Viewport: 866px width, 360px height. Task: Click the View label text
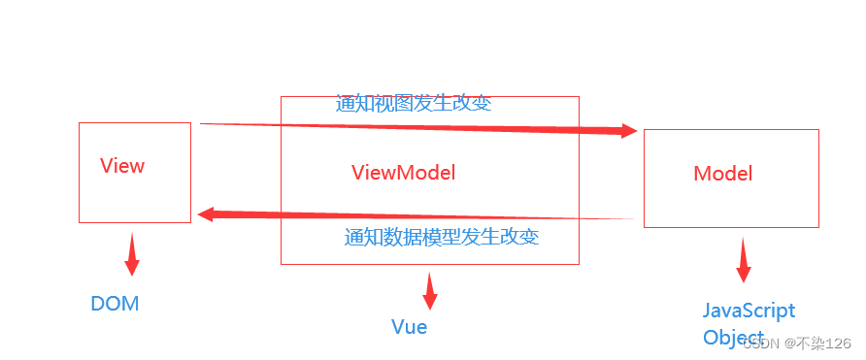pyautogui.click(x=122, y=166)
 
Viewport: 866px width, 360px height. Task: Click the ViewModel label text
pyautogui.click(x=403, y=173)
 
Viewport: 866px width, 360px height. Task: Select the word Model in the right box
pyautogui.click(x=722, y=174)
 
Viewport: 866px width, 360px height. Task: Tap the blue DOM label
pyautogui.click(x=115, y=304)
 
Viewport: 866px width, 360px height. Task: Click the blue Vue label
pyautogui.click(x=409, y=327)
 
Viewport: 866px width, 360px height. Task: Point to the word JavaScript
pyautogui.click(x=749, y=311)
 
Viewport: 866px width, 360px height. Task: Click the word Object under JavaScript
pyautogui.click(x=733, y=338)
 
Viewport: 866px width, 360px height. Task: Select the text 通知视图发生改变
pyautogui.click(x=414, y=104)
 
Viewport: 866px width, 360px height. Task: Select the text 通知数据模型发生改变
pyautogui.click(x=442, y=238)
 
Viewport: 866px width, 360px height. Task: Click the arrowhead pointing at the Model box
pyautogui.click(x=628, y=130)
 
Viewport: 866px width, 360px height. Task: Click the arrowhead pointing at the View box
pyautogui.click(x=206, y=213)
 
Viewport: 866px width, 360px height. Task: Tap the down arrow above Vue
pyautogui.click(x=429, y=292)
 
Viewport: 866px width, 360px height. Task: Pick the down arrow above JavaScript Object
pyautogui.click(x=744, y=265)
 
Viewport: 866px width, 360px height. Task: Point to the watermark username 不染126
pyautogui.click(x=825, y=344)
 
